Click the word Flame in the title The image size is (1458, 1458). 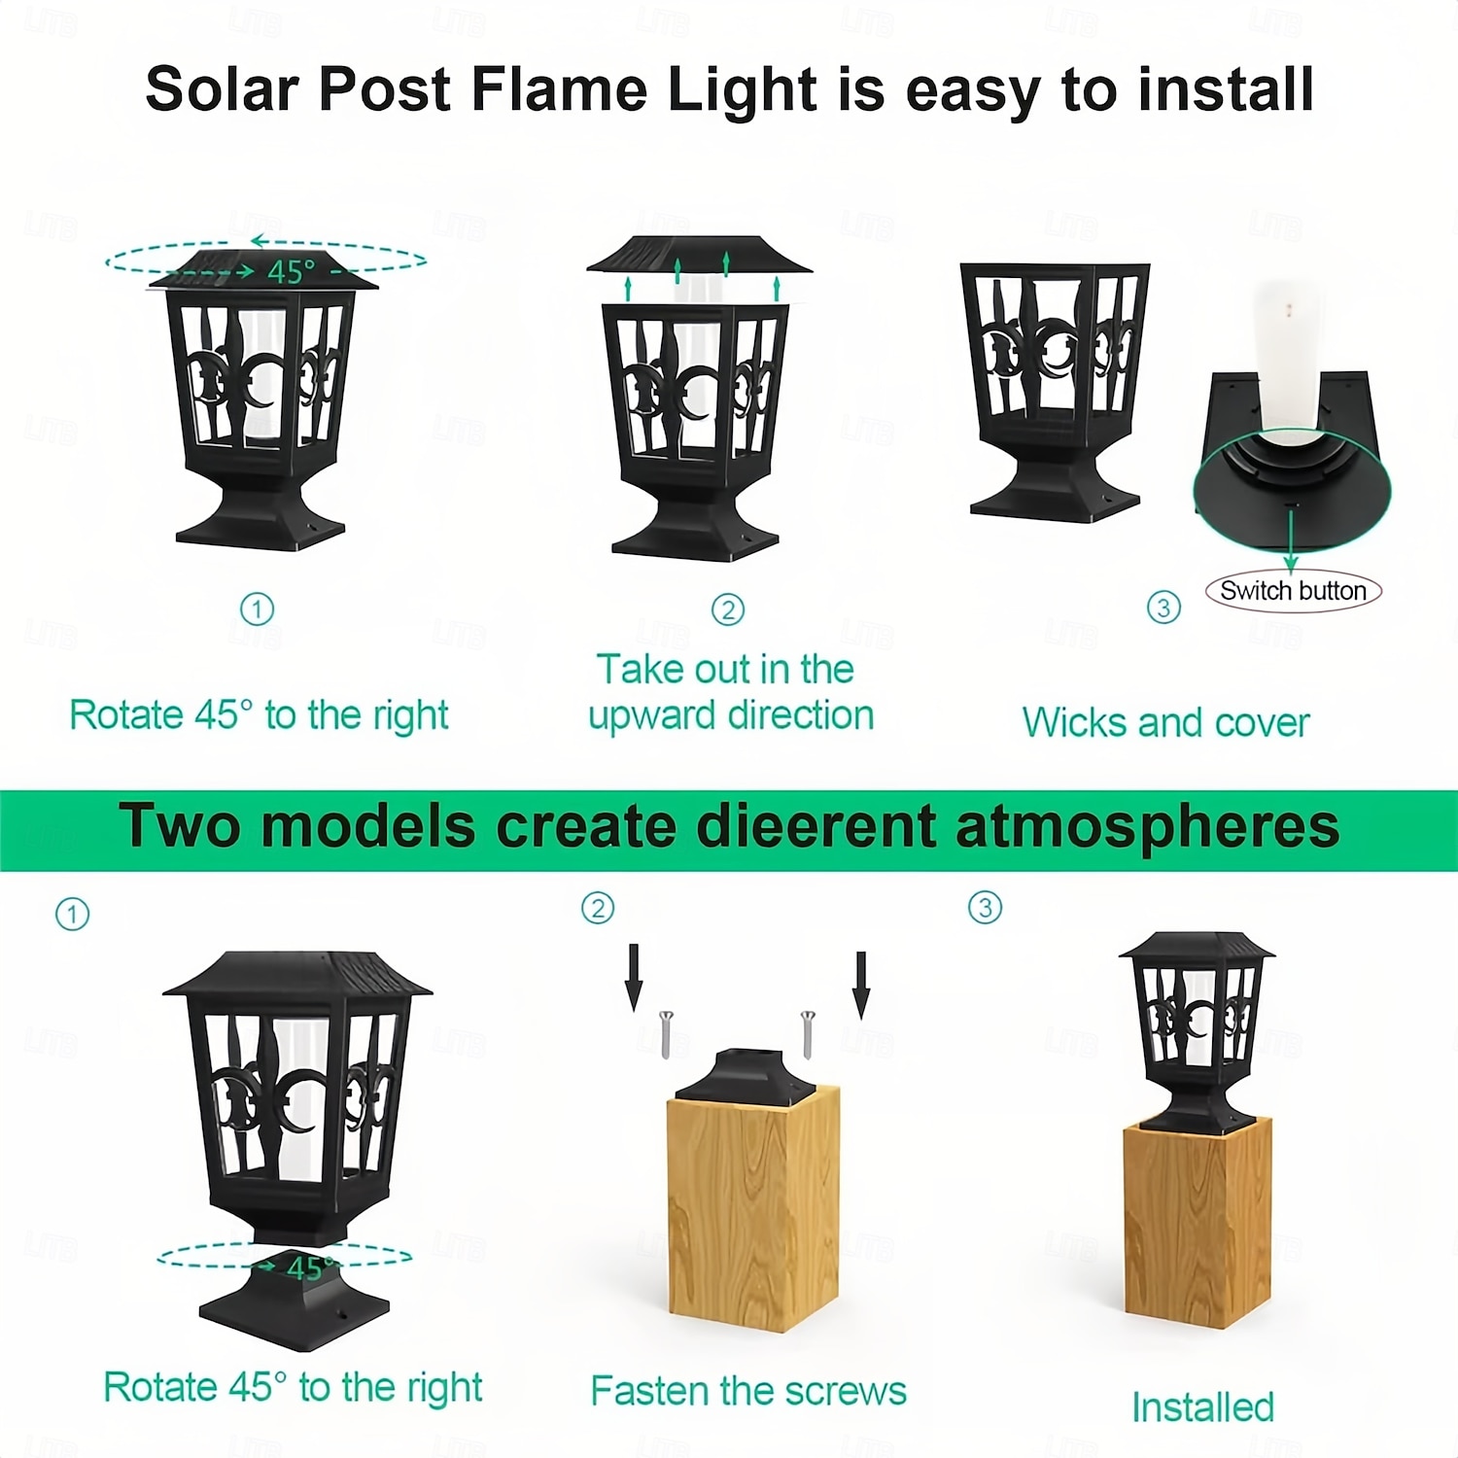pos(560,89)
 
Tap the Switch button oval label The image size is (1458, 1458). pos(1293,591)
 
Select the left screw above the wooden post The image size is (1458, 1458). pos(667,1034)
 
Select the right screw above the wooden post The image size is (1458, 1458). pos(807,1034)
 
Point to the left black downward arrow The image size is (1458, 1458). pos(634,977)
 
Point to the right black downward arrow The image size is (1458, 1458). pos(861,985)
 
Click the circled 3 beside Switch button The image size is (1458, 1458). pos(1163,607)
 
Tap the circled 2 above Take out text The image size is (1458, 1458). pos(728,609)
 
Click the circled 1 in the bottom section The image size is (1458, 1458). pos(72,914)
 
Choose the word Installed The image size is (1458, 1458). pos(1202,1407)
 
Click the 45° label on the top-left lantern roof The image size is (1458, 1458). pos(292,272)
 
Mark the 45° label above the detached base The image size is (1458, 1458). pos(310,1267)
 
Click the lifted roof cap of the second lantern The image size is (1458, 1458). pos(700,255)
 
